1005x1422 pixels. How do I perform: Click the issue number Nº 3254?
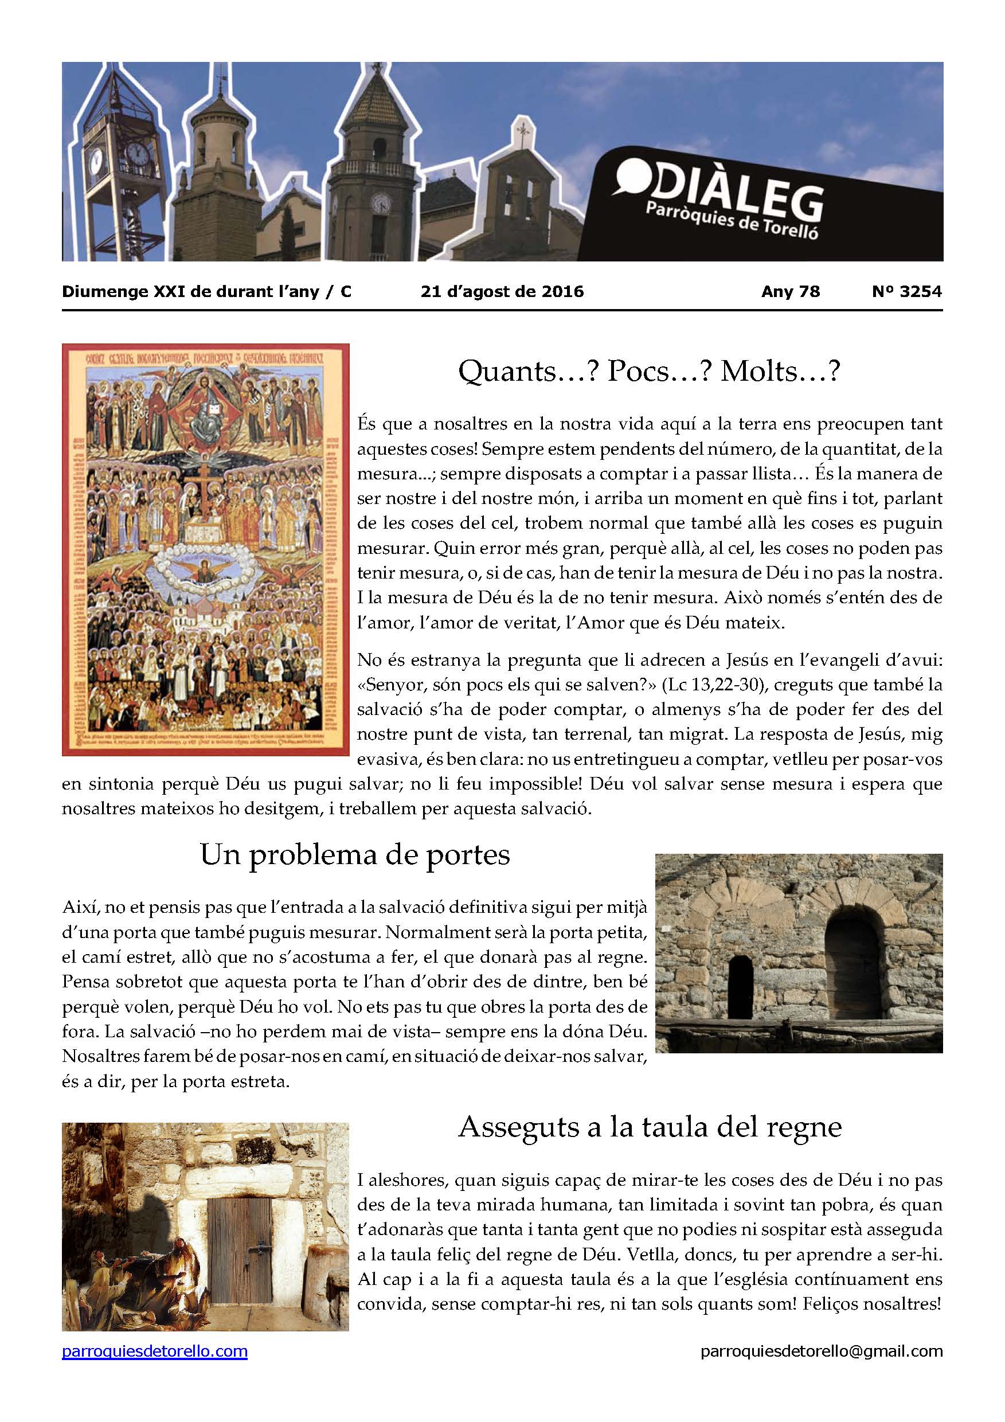(906, 291)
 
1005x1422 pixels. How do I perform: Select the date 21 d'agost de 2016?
(502, 291)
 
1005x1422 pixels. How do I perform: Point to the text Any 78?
(790, 291)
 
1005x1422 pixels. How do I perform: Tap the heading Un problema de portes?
(355, 855)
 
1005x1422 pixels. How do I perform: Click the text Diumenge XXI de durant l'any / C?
(207, 291)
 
